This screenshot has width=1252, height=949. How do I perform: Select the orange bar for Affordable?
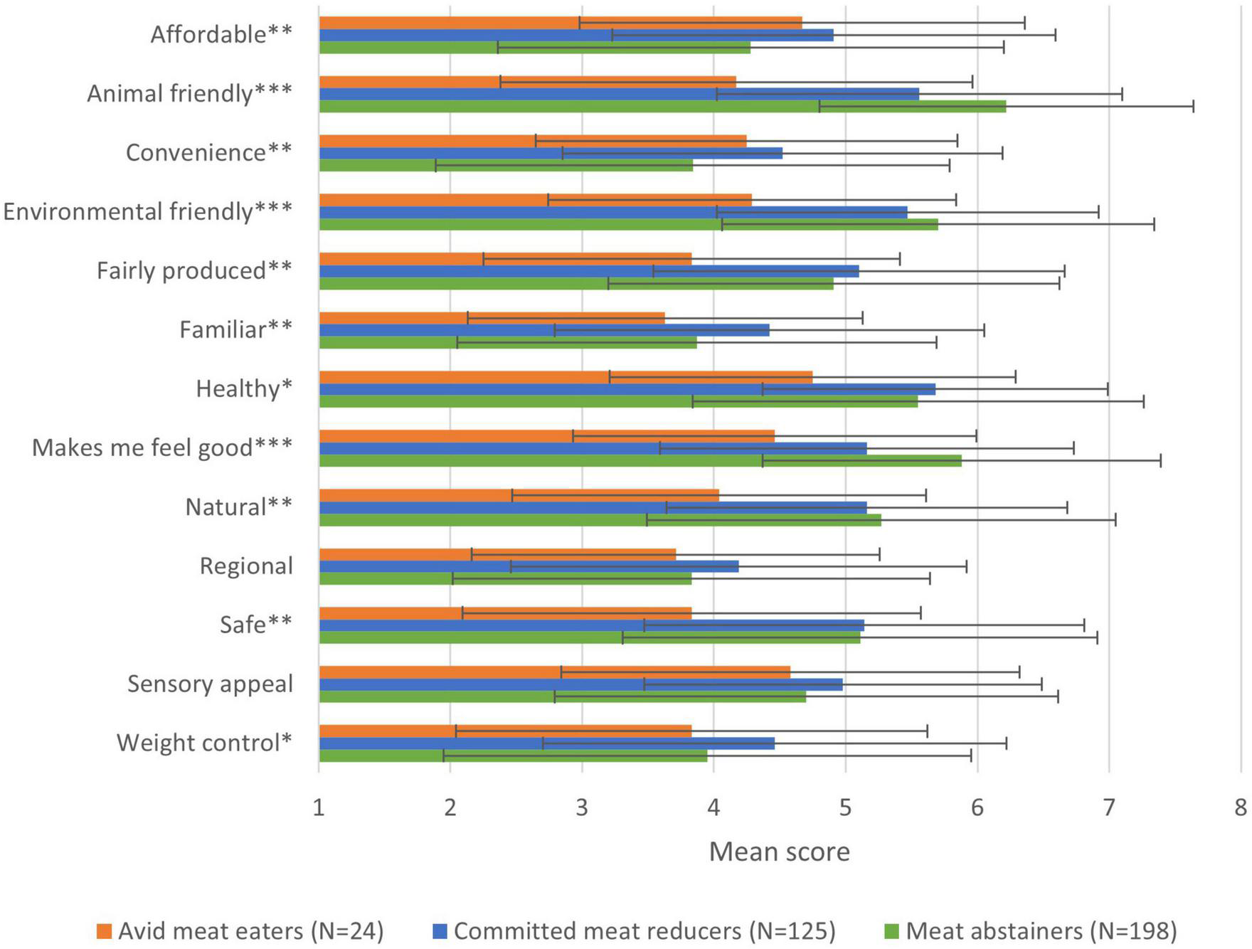tap(560, 23)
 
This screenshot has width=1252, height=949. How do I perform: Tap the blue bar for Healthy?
tap(626, 389)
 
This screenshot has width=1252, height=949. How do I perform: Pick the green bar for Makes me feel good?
tap(640, 461)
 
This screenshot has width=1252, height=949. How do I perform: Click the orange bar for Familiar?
tap(491, 318)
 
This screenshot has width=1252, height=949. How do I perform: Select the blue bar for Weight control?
tap(546, 743)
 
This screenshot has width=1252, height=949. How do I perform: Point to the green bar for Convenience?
tap(505, 165)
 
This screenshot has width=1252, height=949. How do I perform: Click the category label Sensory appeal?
tap(210, 684)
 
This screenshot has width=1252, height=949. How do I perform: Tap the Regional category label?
tap(246, 566)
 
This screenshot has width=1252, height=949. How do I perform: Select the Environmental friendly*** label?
tap(147, 211)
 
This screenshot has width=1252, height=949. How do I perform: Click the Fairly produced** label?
tap(194, 270)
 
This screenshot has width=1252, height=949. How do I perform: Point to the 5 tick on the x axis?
tap(845, 807)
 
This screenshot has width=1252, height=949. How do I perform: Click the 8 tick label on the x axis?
tap(1240, 807)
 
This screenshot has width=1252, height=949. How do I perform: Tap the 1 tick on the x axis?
tap(319, 807)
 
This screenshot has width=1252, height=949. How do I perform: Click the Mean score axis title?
tap(779, 852)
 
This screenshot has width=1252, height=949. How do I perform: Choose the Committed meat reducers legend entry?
tap(634, 931)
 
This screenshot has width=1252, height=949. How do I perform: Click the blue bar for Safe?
tap(590, 625)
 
